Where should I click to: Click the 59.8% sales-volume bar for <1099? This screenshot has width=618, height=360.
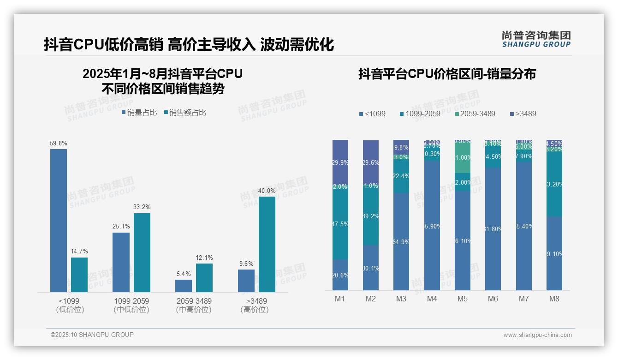pos(59,220)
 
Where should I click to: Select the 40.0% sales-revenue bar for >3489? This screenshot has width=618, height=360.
pos(267,244)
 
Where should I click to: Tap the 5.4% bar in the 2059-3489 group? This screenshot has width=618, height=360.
pos(184,286)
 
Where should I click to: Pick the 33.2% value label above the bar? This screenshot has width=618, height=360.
pos(142,207)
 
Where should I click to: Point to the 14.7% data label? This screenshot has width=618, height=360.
pos(79,252)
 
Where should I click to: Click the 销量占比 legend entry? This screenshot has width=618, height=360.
pos(139,113)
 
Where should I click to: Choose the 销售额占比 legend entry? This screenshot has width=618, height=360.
pos(185,113)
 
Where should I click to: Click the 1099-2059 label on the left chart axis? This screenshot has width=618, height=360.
pos(131,301)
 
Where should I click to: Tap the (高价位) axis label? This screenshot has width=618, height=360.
pos(254,310)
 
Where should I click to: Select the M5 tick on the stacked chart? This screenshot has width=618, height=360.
pos(463,299)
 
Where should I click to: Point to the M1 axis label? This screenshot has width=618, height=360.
pos(340,299)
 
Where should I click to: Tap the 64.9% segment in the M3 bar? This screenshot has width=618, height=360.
pos(401,241)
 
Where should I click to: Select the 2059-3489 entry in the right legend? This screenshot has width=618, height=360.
pos(475,114)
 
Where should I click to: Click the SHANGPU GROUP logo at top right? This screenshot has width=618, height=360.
pos(536,39)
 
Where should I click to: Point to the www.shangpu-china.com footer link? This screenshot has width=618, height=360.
pos(537,335)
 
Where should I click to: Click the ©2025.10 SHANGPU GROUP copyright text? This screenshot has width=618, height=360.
pos(92,335)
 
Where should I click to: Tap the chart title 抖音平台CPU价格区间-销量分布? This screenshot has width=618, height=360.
pos(447,74)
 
